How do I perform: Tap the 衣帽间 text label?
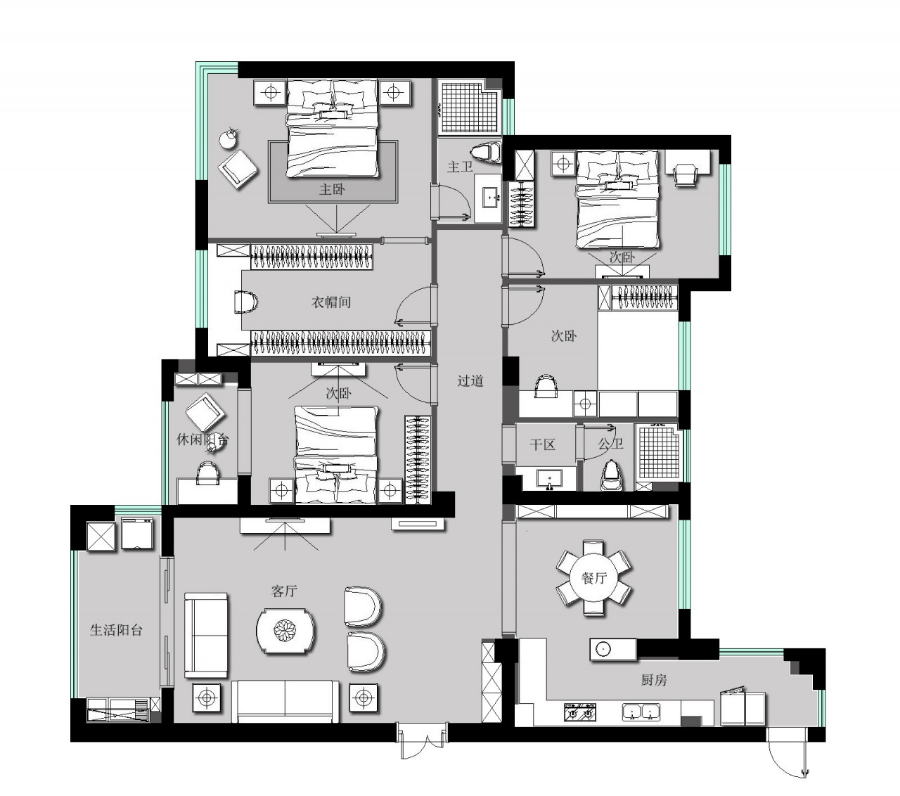(x=330, y=301)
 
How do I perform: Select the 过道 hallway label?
(x=470, y=380)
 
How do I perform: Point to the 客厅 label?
(x=285, y=591)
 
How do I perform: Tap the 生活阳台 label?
(x=116, y=630)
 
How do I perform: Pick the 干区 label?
(x=542, y=444)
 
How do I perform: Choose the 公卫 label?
(x=611, y=444)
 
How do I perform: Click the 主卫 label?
(x=460, y=167)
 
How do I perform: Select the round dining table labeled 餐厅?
(x=593, y=578)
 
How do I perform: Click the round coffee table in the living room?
(x=286, y=631)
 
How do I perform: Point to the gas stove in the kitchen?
(x=579, y=713)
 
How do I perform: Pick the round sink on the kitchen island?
(x=603, y=649)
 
